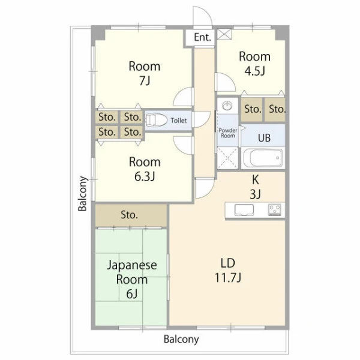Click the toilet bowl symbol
(157, 121)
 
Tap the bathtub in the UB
(263, 158)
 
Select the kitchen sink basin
(244, 209)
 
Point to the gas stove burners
(275, 209)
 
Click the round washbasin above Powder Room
(227, 106)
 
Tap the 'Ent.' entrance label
(203, 37)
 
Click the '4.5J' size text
(254, 71)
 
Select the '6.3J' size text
(145, 176)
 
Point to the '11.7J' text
(228, 278)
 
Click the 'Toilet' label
(179, 121)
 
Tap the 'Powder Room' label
(228, 133)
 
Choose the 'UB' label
(264, 138)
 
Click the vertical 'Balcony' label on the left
(82, 194)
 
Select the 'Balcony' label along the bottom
(181, 340)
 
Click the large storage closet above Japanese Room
(131, 215)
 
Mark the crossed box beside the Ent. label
(224, 34)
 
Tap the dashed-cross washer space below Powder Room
(228, 158)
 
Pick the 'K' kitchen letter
(256, 179)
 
